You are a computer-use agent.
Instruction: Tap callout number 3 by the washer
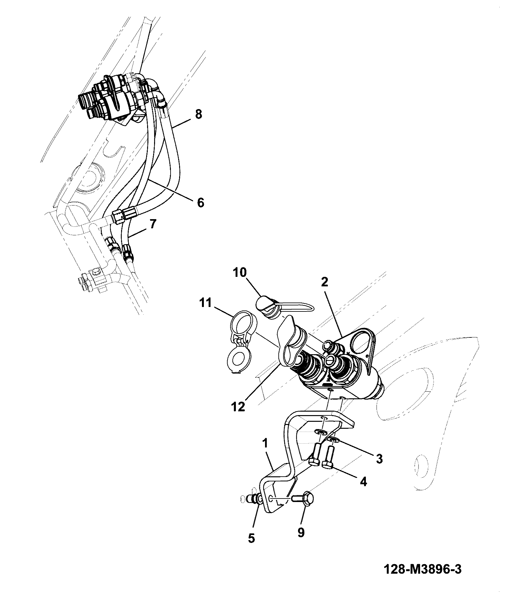tap(379, 459)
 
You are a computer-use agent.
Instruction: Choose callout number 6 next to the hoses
tap(200, 202)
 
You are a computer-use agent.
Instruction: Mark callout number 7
tap(152, 224)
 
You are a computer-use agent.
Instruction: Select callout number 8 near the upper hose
tap(198, 114)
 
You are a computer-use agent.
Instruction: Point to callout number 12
tap(238, 407)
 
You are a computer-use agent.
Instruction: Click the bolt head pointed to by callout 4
tap(328, 465)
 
